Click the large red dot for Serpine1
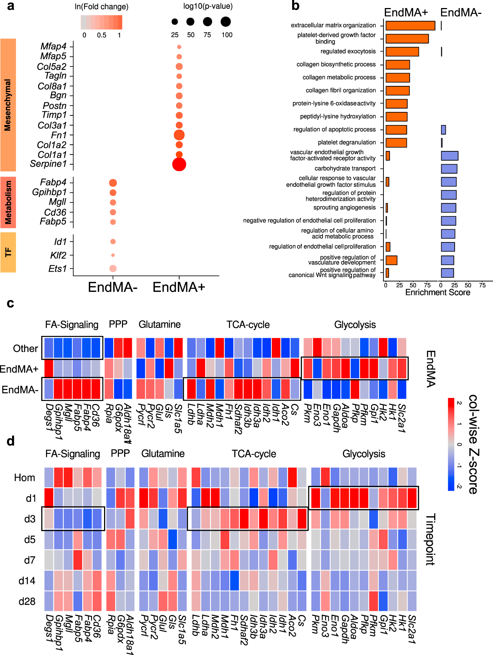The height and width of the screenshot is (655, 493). click(179, 164)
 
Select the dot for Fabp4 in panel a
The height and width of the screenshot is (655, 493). click(113, 183)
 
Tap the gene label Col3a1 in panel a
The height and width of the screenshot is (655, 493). click(52, 125)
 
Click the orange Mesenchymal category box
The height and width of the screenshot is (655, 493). click(8, 105)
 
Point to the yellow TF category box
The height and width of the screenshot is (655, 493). click(8, 253)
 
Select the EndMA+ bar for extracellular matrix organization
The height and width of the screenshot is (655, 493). click(410, 26)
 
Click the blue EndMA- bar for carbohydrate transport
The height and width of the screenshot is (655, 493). click(449, 169)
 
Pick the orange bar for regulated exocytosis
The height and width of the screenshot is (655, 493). click(402, 52)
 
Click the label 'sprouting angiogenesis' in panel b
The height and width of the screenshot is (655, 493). click(344, 208)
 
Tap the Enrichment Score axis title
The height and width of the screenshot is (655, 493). click(437, 292)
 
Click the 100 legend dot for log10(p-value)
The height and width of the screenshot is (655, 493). click(226, 22)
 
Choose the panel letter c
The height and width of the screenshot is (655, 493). click(10, 303)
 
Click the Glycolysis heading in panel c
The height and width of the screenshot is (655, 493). click(355, 325)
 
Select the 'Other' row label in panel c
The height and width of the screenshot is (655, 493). click(25, 349)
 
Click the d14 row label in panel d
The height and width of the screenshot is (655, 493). click(27, 581)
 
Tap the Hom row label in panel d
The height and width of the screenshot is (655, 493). click(24, 478)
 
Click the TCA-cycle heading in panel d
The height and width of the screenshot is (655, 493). click(254, 454)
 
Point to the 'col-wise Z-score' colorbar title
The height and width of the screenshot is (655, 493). click(473, 444)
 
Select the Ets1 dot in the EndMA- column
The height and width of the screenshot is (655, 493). click(113, 268)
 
